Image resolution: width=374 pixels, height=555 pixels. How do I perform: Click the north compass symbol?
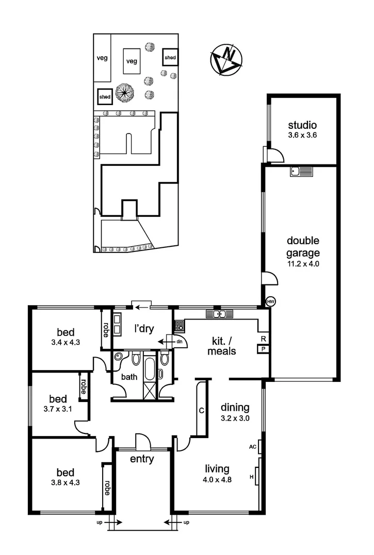point(226,60)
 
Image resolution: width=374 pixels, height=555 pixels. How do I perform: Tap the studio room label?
point(302,125)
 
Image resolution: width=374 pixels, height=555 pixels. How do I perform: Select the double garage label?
point(303,247)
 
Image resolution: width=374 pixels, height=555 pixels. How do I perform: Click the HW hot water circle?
point(271,301)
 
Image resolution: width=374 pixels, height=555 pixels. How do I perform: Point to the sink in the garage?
point(299,172)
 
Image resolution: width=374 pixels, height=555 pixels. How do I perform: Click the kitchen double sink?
point(220,313)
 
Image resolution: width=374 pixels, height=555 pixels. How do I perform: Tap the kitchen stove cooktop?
point(179,325)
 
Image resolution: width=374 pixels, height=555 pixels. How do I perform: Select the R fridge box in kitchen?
point(264,339)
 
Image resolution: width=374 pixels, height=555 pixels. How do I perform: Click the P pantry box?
point(264,349)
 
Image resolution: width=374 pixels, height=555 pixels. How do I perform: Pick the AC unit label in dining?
point(253,447)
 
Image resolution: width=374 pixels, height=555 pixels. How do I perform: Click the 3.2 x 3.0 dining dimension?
point(235,418)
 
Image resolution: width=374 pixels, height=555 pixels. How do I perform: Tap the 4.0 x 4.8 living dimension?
point(217,480)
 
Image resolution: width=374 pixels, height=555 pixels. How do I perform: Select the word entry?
point(142,459)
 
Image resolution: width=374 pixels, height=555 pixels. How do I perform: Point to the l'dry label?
point(144,328)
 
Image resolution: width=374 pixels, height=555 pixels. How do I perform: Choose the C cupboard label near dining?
point(202,411)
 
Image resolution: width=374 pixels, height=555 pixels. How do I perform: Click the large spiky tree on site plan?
point(125,93)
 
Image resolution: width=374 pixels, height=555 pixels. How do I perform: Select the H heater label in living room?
point(252,477)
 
